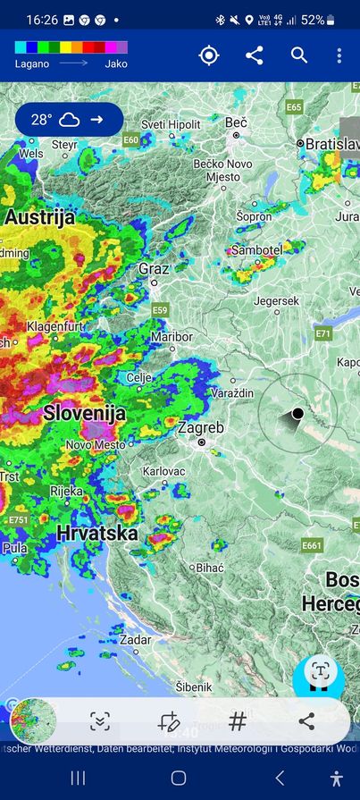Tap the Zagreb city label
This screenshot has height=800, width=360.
(x=200, y=428)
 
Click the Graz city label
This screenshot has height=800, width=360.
(x=154, y=268)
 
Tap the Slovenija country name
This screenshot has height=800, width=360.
(x=84, y=413)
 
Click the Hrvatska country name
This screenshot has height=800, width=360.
(x=97, y=534)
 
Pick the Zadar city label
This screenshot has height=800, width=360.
(x=135, y=639)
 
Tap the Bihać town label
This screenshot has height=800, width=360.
(x=210, y=567)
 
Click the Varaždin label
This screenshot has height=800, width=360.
(x=232, y=393)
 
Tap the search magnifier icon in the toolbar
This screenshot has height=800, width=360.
(x=299, y=55)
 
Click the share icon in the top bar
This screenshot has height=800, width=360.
(x=255, y=55)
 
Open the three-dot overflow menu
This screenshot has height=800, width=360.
(x=339, y=55)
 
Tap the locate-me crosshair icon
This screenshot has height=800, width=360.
(x=209, y=55)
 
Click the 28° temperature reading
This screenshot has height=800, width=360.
(x=42, y=119)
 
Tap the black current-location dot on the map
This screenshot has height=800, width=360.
(x=297, y=413)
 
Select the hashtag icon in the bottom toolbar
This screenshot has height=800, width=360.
(x=238, y=721)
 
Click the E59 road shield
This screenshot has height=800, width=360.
(x=160, y=309)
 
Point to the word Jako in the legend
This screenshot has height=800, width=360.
(x=116, y=63)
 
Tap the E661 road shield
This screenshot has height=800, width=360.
(x=312, y=544)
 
